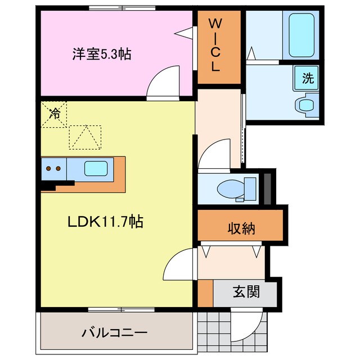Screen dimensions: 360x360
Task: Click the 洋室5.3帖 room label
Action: [101, 55]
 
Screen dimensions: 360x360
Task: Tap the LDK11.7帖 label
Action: [106, 222]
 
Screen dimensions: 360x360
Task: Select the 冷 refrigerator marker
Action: [55, 113]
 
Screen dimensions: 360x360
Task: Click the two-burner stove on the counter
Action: [54, 168]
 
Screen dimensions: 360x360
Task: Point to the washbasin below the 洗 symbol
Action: [307, 105]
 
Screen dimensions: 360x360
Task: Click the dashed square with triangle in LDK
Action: [85, 137]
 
